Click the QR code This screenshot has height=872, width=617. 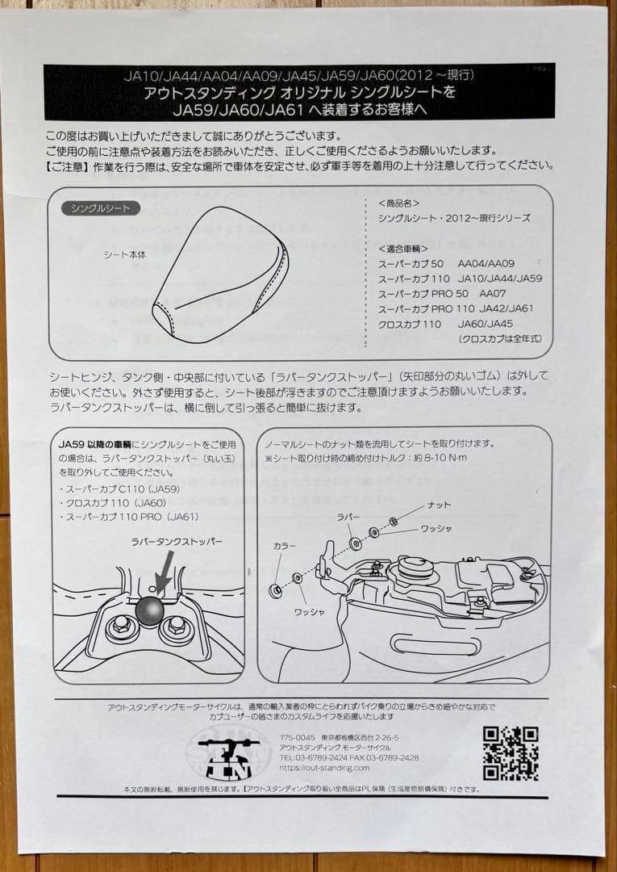tap(510, 753)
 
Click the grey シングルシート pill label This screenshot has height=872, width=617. tap(101, 208)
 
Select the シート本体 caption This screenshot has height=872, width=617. tap(126, 254)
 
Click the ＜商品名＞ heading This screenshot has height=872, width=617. tap(399, 203)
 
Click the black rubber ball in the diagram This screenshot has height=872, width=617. tap(149, 611)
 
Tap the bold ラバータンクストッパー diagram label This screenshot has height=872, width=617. tap(176, 542)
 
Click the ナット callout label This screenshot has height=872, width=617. tap(439, 505)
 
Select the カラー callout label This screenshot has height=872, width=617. tap(284, 546)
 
